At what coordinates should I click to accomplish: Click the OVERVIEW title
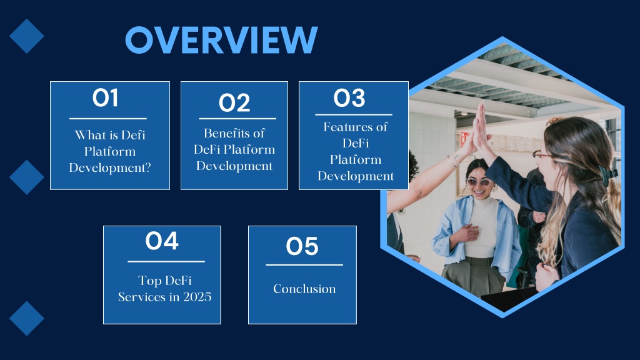pos(221,39)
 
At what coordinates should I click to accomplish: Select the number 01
pos(105,98)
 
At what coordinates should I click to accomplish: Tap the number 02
pos(234,103)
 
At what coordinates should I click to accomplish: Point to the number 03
pos(349,98)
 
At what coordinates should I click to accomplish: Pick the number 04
pos(162,241)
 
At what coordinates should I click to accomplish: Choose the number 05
pos(302,246)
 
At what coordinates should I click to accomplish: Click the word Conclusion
pos(304,289)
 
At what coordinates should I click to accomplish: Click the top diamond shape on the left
pos(26,36)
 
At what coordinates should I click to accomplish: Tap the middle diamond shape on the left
pos(26,177)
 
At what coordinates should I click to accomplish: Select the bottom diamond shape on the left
pos(26,318)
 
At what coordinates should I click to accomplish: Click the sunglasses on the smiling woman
pos(478,182)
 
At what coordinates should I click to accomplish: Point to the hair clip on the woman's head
pos(607,174)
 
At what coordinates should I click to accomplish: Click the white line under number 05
pos(304,265)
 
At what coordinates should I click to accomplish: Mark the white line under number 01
pos(107,119)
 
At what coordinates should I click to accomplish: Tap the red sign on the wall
pos(464,139)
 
